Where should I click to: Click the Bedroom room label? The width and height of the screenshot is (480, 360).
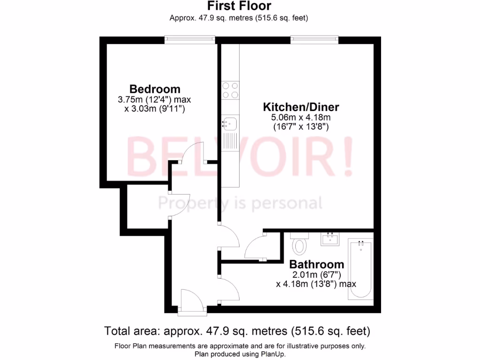[155, 89]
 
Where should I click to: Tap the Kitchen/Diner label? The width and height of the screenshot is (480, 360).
[300, 106]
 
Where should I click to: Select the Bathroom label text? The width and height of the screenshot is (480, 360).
[316, 264]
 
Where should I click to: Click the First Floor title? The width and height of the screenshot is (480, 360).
[239, 6]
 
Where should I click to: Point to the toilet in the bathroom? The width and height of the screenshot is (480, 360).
[298, 244]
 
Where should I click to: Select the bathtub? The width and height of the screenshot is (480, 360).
[360, 270]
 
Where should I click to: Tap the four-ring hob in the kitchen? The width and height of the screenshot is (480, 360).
[230, 90]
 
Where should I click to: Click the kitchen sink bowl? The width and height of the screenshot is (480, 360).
[230, 124]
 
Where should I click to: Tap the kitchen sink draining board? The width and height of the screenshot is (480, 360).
[230, 141]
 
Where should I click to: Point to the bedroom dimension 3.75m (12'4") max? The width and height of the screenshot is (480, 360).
[155, 100]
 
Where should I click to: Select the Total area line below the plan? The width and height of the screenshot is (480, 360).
[237, 331]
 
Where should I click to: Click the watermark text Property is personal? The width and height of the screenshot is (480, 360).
[240, 203]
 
